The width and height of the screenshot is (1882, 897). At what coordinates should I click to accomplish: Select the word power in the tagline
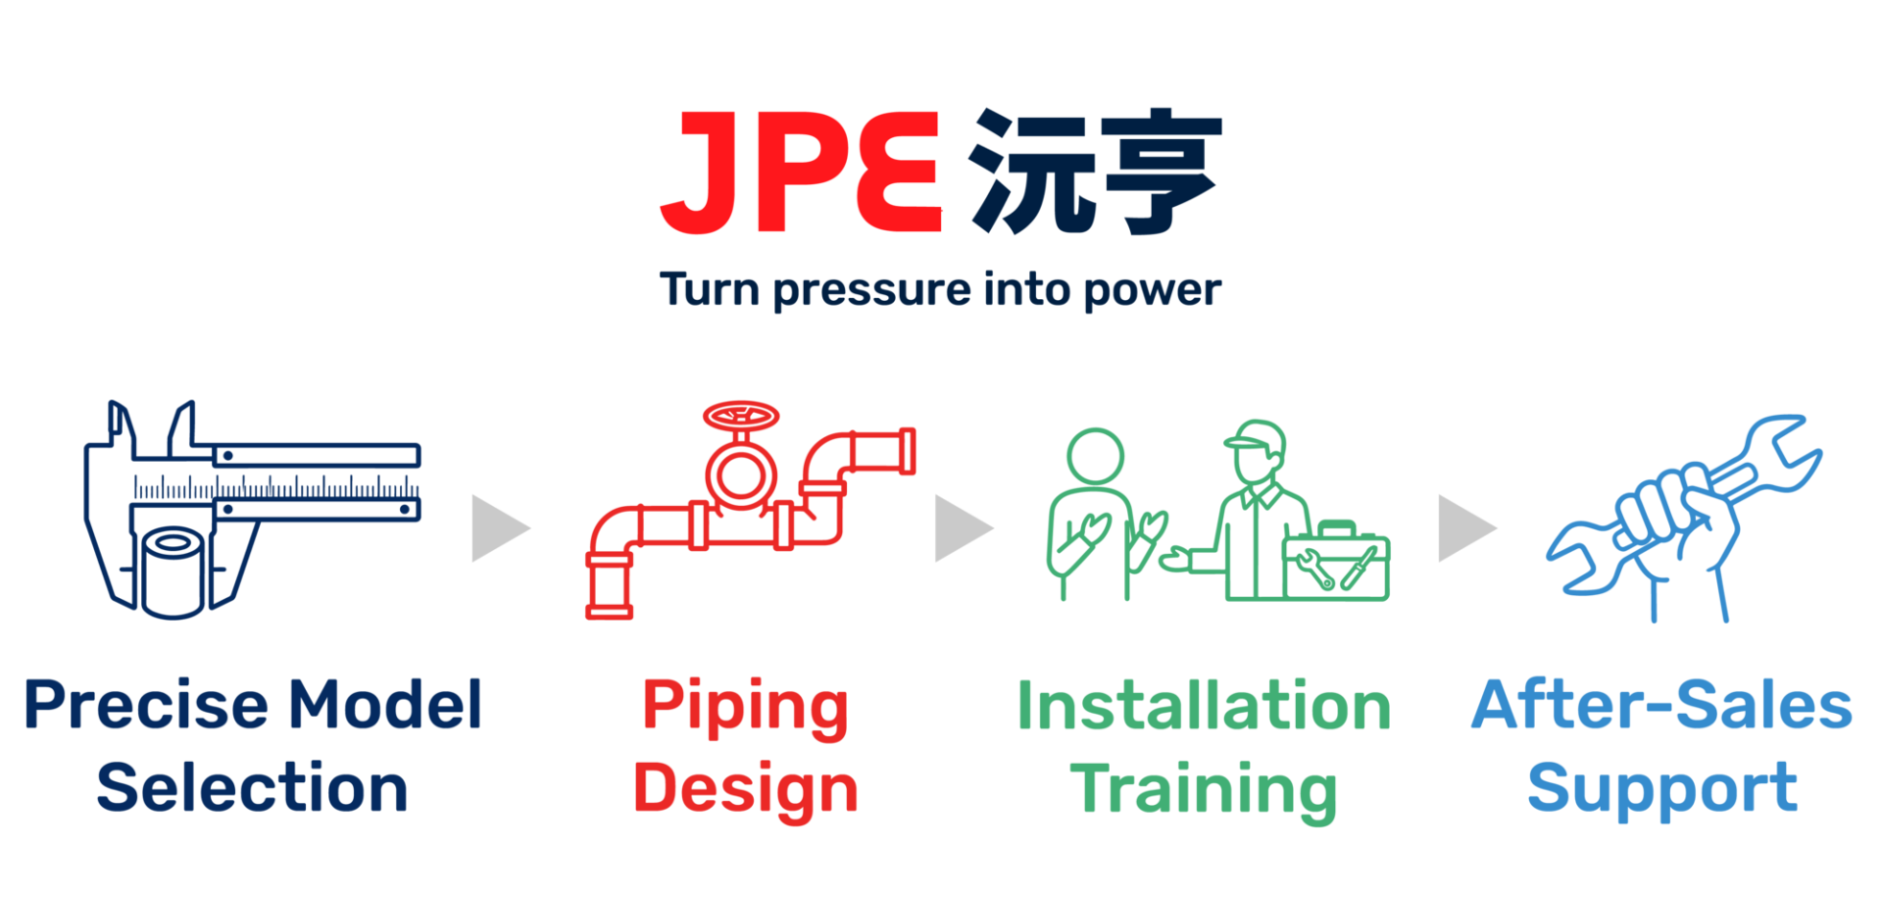click(x=1153, y=291)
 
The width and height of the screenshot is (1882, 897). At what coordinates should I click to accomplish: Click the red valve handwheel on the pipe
click(x=741, y=416)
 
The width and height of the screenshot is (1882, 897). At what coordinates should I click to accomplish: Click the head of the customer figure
click(x=1095, y=456)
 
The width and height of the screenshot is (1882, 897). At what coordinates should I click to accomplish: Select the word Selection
click(x=253, y=787)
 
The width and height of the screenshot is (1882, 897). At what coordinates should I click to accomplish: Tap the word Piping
click(x=745, y=709)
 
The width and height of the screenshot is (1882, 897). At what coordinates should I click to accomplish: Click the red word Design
click(x=746, y=791)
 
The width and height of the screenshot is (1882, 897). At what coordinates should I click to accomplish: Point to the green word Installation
click(x=1205, y=705)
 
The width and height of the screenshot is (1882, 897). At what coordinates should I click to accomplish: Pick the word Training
click(x=1204, y=791)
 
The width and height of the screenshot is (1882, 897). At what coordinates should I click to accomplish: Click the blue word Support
click(x=1662, y=789)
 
